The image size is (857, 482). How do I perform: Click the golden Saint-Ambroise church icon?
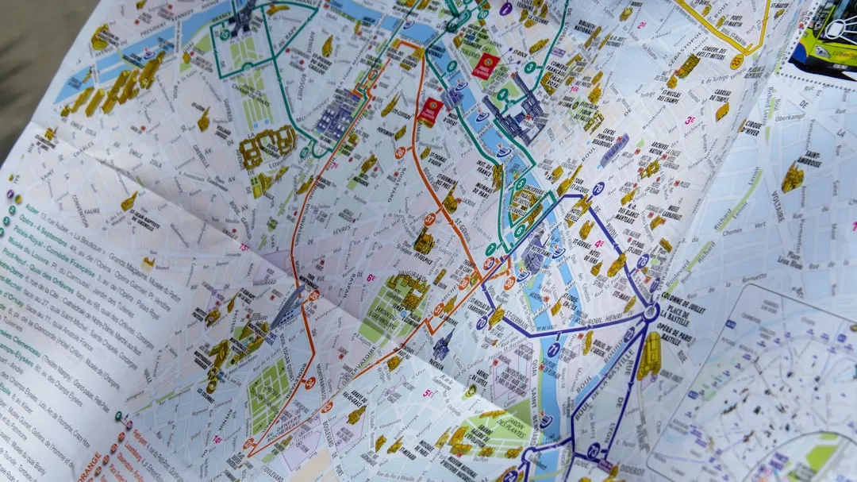pos(791,178)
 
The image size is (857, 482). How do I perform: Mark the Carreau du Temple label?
pos(721,96)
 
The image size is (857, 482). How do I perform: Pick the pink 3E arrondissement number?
pos(690,121)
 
